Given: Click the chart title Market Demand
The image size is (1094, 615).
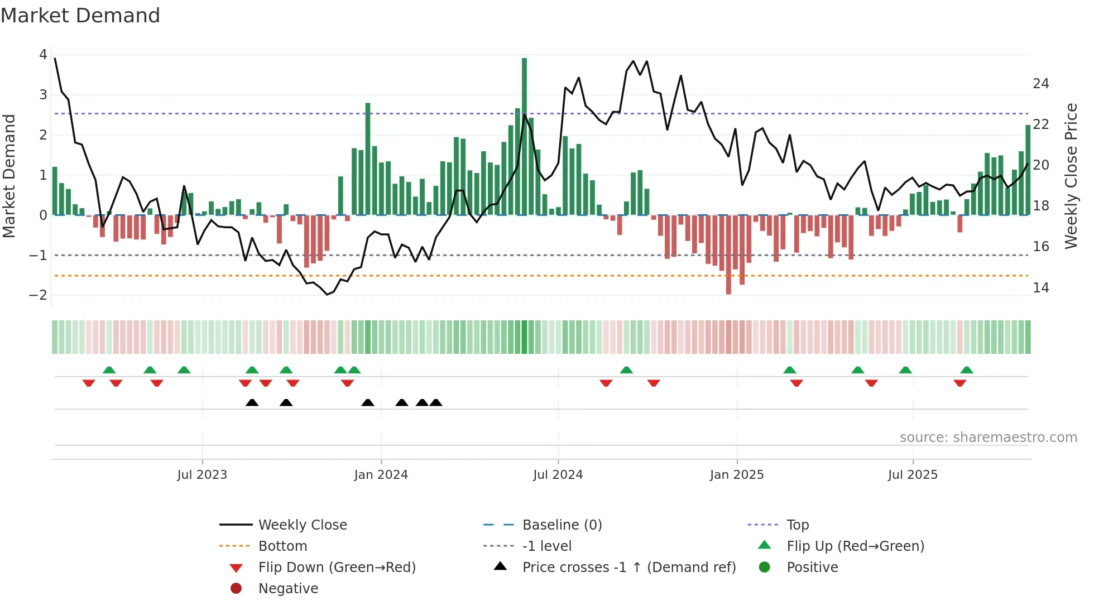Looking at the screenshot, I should (x=80, y=16).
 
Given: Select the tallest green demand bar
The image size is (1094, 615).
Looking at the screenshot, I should (x=524, y=136).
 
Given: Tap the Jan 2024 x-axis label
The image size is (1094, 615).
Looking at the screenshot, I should (x=381, y=475).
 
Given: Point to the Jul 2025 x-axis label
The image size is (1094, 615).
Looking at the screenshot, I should (x=913, y=475).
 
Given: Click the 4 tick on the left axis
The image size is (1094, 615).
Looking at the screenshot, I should (x=43, y=55).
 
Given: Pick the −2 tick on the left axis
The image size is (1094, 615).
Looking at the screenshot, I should (x=39, y=295).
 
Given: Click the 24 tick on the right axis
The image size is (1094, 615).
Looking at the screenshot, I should (x=1041, y=84).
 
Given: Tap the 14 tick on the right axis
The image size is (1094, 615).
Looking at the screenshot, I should (x=1041, y=288).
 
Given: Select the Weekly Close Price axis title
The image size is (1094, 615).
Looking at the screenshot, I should (x=1071, y=176).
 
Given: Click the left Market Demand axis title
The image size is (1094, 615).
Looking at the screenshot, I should (x=9, y=176).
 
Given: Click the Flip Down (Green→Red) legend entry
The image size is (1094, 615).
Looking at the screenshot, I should (x=337, y=568).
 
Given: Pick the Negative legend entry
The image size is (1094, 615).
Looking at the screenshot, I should (x=288, y=589).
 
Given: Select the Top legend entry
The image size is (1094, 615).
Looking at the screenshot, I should (x=798, y=525).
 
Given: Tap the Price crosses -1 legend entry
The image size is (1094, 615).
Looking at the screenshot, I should (x=629, y=568).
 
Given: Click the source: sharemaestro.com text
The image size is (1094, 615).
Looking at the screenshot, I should (x=988, y=438).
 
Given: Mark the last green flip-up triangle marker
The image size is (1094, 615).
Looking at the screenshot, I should (x=967, y=370).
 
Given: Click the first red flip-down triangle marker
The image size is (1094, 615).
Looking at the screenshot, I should (x=89, y=383).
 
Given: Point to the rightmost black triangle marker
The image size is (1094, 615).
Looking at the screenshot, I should (x=436, y=402).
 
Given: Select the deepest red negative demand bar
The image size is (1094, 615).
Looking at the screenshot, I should (x=728, y=254).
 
